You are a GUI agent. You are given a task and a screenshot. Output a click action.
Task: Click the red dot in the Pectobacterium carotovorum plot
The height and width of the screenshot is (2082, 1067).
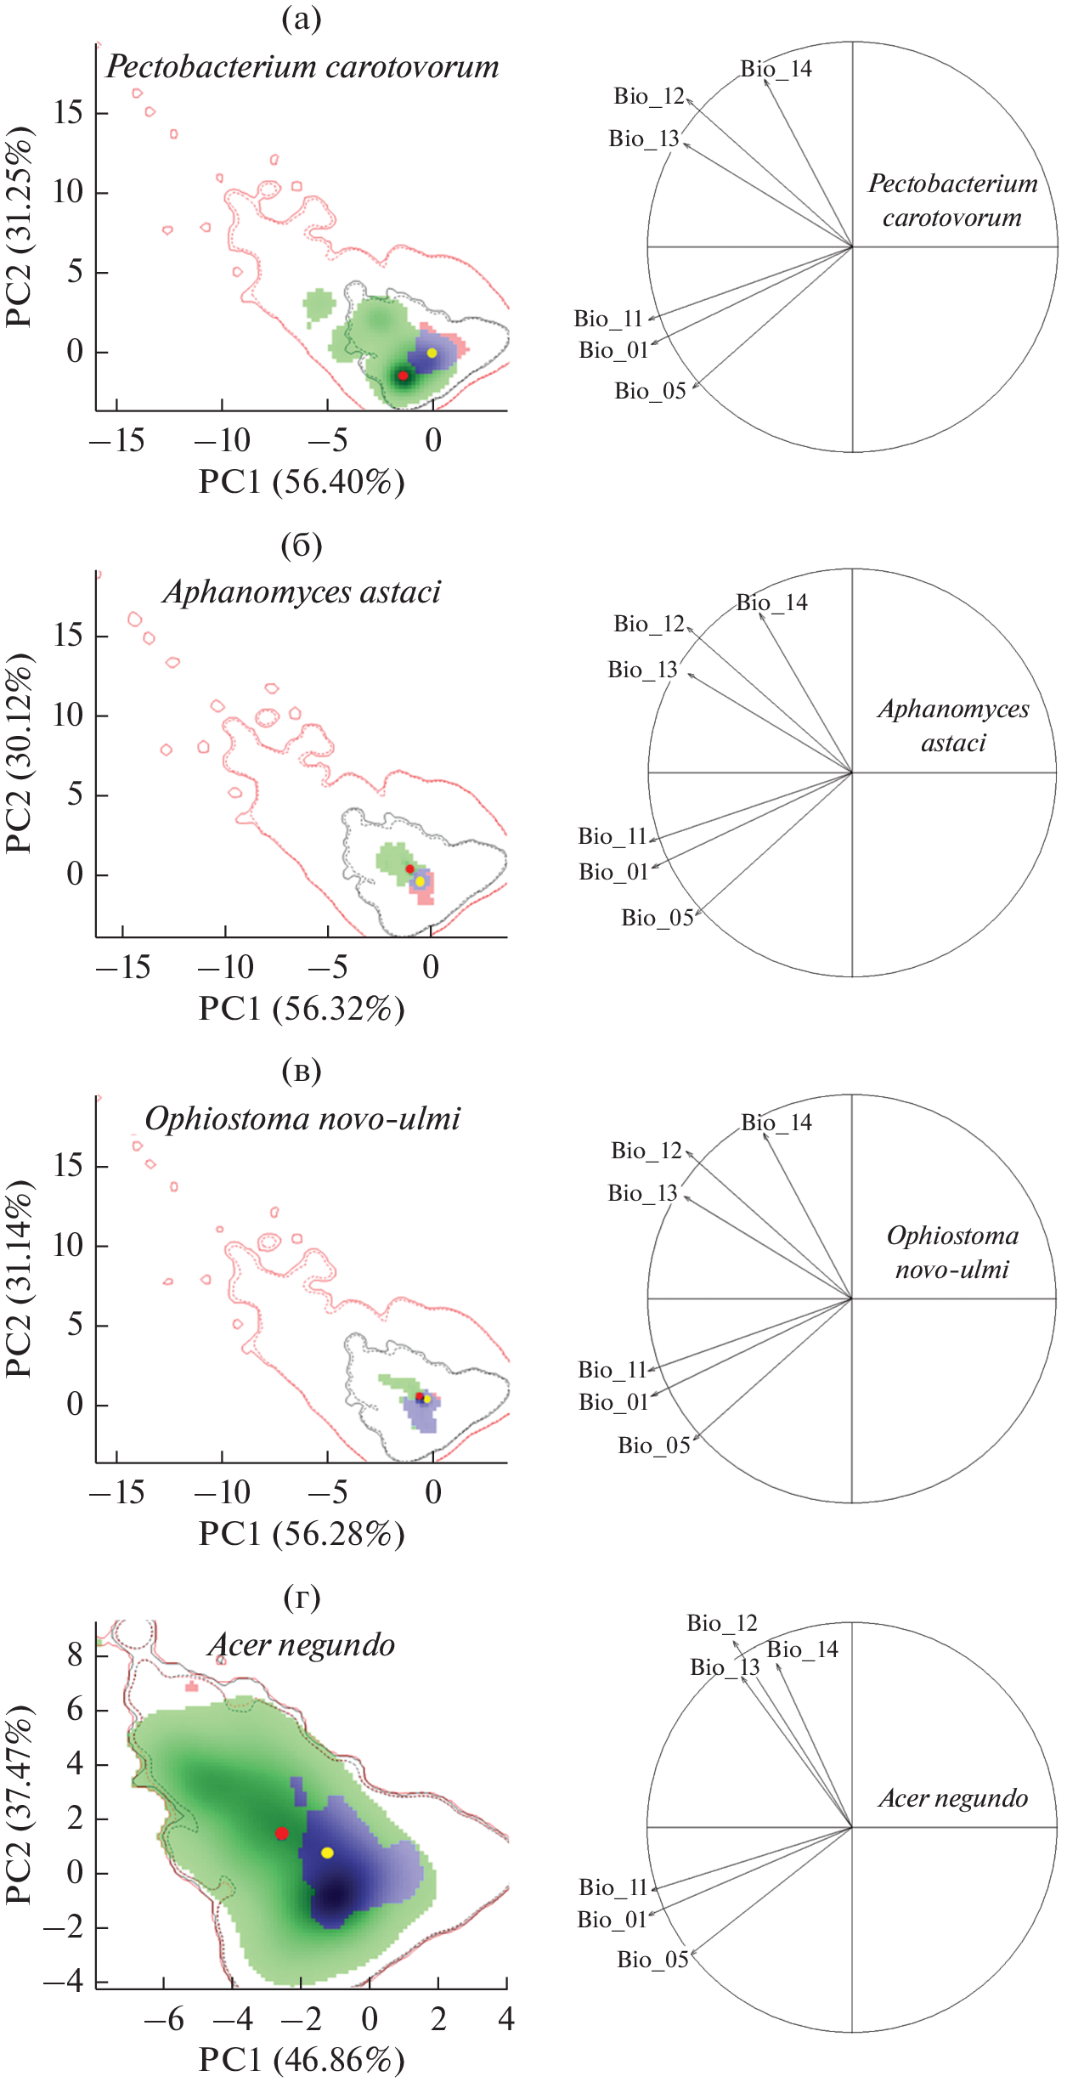coord(404,375)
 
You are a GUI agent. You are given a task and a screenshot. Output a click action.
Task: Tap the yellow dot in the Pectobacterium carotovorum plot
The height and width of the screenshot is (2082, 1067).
coord(432,353)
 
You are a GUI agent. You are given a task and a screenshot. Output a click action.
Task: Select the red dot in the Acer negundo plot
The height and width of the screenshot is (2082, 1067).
coord(282,1834)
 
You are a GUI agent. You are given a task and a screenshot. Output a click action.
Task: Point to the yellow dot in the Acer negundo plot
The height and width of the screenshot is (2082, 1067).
coord(327,1853)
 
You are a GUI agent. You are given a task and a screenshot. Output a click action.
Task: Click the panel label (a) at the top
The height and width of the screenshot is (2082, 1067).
coord(302,19)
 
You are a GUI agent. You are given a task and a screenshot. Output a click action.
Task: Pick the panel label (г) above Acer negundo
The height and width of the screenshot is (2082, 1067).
coord(302,1598)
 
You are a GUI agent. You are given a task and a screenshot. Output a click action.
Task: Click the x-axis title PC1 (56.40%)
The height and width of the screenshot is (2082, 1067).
coord(302,483)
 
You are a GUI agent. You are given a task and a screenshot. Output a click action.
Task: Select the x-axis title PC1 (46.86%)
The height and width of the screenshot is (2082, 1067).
coord(302,2060)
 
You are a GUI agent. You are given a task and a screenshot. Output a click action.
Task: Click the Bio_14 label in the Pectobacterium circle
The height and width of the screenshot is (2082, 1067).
coord(776,69)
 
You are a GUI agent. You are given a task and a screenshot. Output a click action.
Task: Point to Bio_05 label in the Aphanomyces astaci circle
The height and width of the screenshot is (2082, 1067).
coord(657,918)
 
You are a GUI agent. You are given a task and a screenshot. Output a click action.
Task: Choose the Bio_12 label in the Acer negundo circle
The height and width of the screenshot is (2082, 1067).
coord(721,1624)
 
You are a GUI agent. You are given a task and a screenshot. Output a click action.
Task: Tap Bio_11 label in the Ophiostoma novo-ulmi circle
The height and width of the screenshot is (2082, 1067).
coord(613,1370)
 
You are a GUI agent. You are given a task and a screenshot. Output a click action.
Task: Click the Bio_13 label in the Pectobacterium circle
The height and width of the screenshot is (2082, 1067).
coord(644,139)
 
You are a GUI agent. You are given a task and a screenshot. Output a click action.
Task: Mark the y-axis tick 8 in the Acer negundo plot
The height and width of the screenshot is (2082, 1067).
coord(76,1655)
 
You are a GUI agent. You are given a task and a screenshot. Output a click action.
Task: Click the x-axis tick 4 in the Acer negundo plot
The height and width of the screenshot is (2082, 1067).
coord(506,2019)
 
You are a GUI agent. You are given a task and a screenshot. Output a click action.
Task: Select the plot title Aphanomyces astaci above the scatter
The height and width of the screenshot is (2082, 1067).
coord(302,592)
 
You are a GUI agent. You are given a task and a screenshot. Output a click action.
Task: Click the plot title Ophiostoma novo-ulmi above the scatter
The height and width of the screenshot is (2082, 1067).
coord(302,1119)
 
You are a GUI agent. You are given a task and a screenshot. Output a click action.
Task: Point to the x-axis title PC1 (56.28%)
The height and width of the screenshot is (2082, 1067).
coord(302,1535)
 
